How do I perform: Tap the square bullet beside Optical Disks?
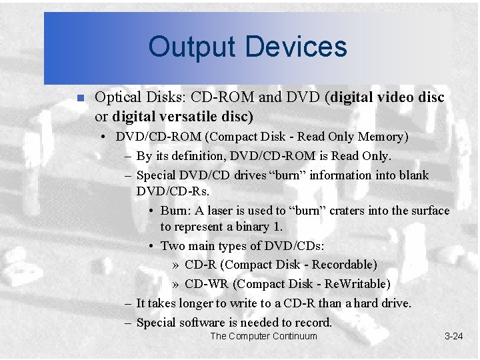click(x=79, y=98)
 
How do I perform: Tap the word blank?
click(x=413, y=175)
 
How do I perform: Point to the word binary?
click(x=250, y=227)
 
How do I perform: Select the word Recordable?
click(x=342, y=265)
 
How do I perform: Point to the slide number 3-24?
click(x=453, y=336)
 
